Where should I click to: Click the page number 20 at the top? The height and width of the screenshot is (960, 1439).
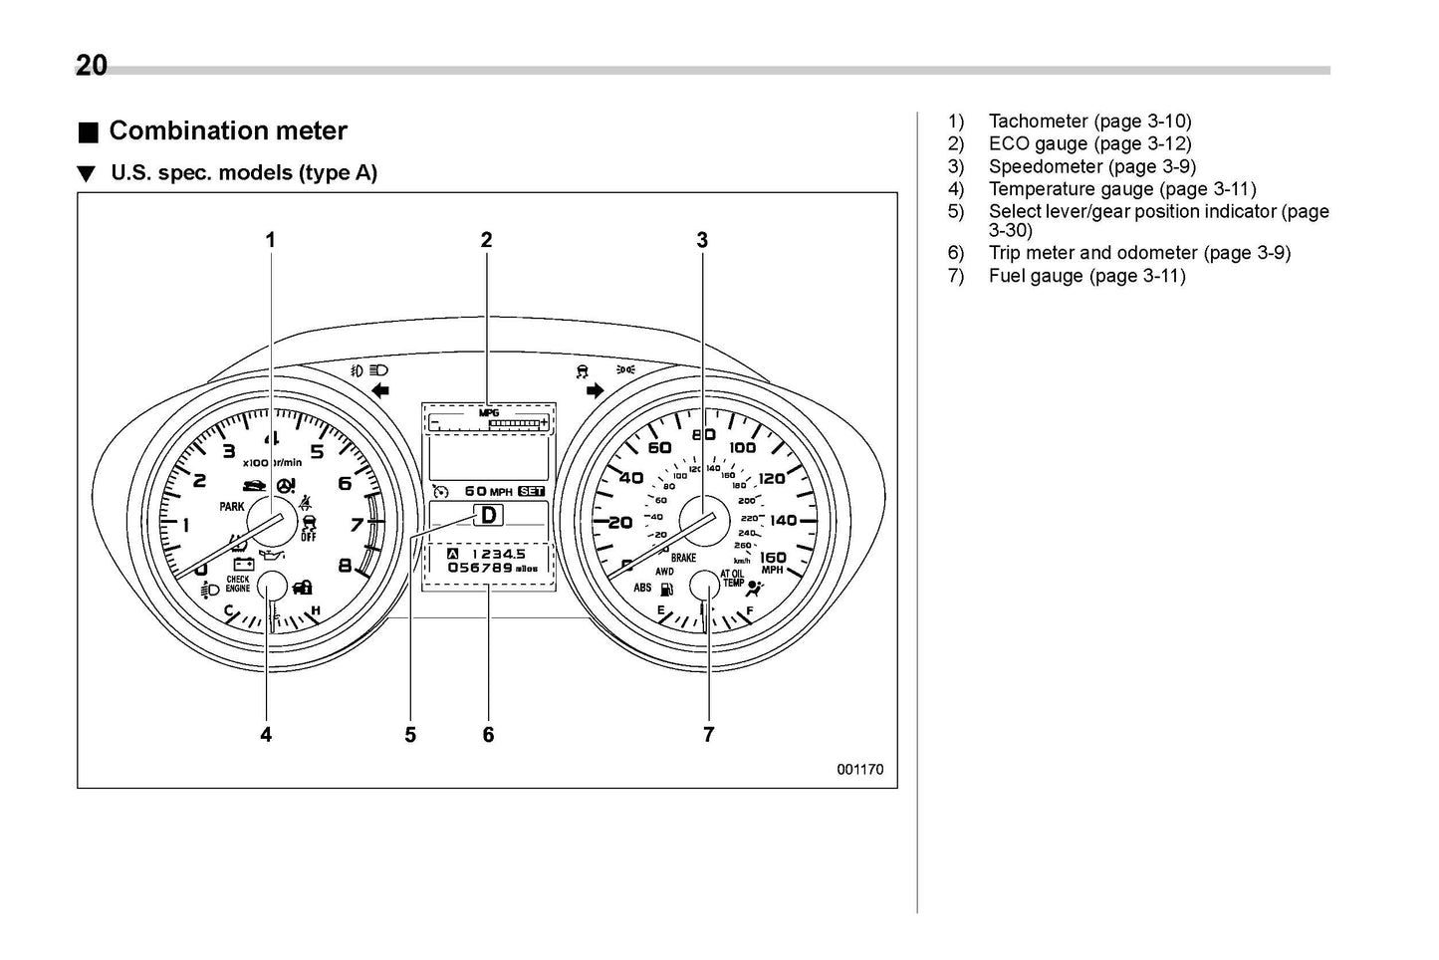[92, 66]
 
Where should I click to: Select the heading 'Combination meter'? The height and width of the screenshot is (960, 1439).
[228, 130]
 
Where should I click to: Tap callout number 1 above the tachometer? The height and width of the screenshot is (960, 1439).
[270, 239]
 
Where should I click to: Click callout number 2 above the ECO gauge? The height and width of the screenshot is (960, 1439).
[486, 239]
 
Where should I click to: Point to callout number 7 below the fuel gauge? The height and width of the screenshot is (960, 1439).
[708, 734]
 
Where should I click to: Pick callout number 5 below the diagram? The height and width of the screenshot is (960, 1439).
[410, 735]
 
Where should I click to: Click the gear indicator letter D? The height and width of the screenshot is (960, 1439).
[489, 515]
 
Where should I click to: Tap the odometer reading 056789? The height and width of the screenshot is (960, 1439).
[480, 568]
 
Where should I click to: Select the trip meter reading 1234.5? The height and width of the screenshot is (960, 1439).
[498, 553]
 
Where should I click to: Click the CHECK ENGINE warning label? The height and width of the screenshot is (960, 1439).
[238, 584]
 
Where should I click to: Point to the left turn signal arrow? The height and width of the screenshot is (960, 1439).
[379, 389]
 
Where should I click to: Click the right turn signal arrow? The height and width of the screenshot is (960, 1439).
[596, 389]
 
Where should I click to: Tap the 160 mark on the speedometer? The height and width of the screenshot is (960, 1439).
[773, 558]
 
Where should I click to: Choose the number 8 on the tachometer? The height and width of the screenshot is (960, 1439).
[346, 566]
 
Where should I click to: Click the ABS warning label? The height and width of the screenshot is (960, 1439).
[642, 588]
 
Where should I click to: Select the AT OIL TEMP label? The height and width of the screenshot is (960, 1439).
[733, 579]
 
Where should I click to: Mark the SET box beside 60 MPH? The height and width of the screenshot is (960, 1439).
[532, 491]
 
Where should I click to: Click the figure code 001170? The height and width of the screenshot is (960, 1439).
[859, 769]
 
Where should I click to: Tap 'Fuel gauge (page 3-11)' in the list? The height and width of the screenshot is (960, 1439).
[1086, 276]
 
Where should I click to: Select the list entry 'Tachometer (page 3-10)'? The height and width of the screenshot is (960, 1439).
[1089, 120]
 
